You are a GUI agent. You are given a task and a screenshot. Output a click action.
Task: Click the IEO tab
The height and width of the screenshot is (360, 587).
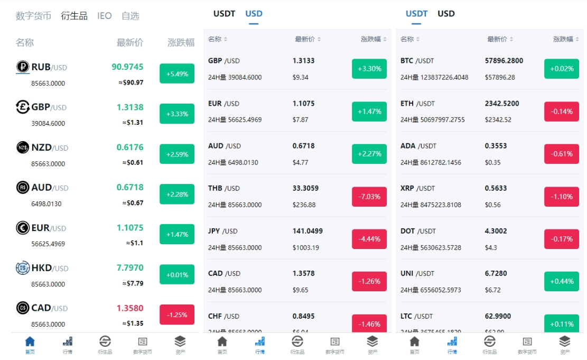104,16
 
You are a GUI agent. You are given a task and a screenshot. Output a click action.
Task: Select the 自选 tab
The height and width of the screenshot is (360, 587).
130,16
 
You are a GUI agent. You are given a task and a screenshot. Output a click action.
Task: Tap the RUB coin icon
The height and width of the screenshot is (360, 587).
23,67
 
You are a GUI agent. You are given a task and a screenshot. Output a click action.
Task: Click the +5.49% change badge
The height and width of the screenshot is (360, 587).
177,74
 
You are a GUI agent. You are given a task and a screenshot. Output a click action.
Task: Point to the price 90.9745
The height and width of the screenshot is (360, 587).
127,67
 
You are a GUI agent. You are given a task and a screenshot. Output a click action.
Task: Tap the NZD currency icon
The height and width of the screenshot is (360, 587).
23,147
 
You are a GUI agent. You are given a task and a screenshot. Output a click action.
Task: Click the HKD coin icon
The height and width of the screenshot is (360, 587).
23,268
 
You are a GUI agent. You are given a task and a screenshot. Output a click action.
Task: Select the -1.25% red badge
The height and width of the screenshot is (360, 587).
177,315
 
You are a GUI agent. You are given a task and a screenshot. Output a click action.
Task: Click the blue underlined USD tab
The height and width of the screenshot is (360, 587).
254,14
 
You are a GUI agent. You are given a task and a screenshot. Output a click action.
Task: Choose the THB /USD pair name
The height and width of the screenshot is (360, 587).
224,188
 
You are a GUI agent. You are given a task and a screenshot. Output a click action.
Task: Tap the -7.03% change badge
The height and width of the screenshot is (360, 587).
369,197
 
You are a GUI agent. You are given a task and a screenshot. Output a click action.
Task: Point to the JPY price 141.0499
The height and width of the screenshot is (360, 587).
308,231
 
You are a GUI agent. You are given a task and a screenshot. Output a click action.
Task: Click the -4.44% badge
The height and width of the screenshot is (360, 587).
369,239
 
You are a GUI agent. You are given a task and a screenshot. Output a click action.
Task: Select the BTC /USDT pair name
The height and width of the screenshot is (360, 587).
417,61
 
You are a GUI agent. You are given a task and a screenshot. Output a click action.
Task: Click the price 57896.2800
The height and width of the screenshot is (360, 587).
504,61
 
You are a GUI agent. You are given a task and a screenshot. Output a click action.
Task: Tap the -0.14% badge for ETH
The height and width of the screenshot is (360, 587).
562,112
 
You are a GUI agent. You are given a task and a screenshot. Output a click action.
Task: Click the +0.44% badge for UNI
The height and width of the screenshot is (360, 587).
562,281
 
